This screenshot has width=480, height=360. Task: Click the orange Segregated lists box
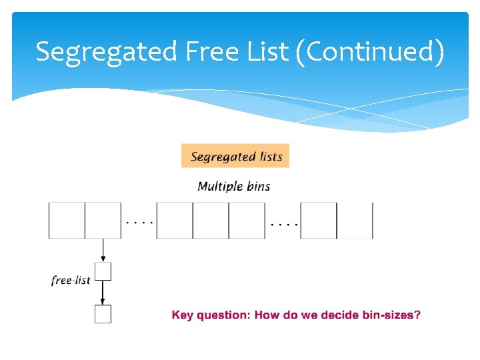coord(235,157)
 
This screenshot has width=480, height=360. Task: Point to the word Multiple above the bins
coord(220,186)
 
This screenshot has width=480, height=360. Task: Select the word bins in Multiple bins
coord(258,186)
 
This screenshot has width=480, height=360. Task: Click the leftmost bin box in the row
coord(67,220)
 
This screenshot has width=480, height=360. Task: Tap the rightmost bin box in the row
coord(355,220)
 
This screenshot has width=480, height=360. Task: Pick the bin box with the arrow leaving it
coord(103,220)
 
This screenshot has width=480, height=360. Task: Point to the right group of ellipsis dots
coord(284,223)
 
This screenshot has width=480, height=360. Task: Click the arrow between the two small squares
coord(103,293)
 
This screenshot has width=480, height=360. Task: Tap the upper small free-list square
coord(103,271)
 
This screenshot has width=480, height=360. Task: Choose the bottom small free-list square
coord(103,314)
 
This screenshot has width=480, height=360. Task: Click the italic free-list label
coord(71,281)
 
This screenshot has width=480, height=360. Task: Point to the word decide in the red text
coord(340,315)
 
